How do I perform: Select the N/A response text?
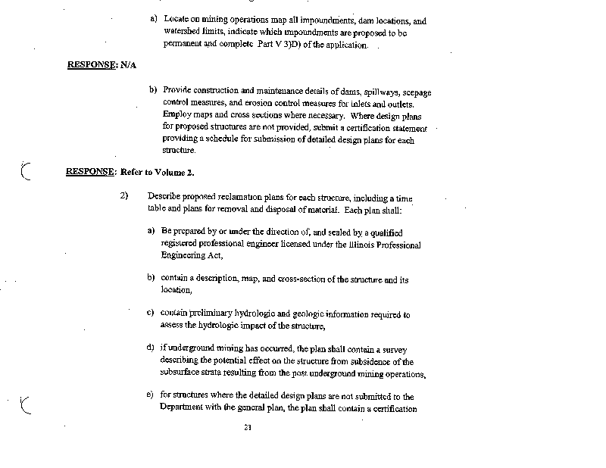point(127,66)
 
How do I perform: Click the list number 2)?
point(125,195)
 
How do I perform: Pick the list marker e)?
point(151,395)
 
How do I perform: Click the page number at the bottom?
point(247,428)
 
